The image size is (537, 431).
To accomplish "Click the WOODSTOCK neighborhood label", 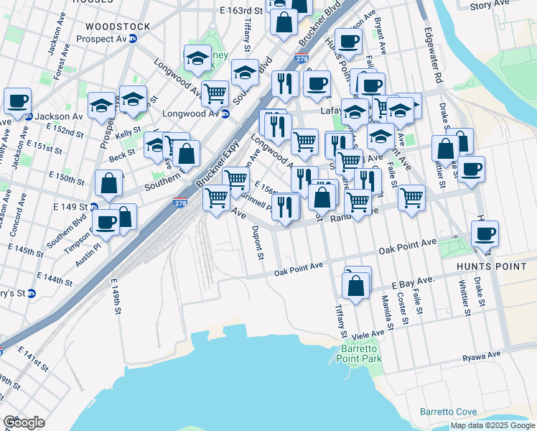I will click(x=118, y=27).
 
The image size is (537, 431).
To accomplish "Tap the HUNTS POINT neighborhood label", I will click(x=487, y=266).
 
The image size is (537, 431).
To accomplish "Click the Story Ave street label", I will click(x=490, y=6).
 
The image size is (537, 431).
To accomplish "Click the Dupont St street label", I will click(x=257, y=243).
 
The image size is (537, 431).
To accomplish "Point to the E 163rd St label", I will click(x=241, y=11).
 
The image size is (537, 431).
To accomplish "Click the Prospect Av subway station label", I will click(x=105, y=39).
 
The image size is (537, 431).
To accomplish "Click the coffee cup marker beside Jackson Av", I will click(x=17, y=102).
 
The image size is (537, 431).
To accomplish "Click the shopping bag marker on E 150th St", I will click(x=108, y=184).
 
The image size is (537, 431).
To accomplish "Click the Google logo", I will click(x=24, y=422).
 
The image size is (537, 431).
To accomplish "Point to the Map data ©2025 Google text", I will click(x=492, y=425).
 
